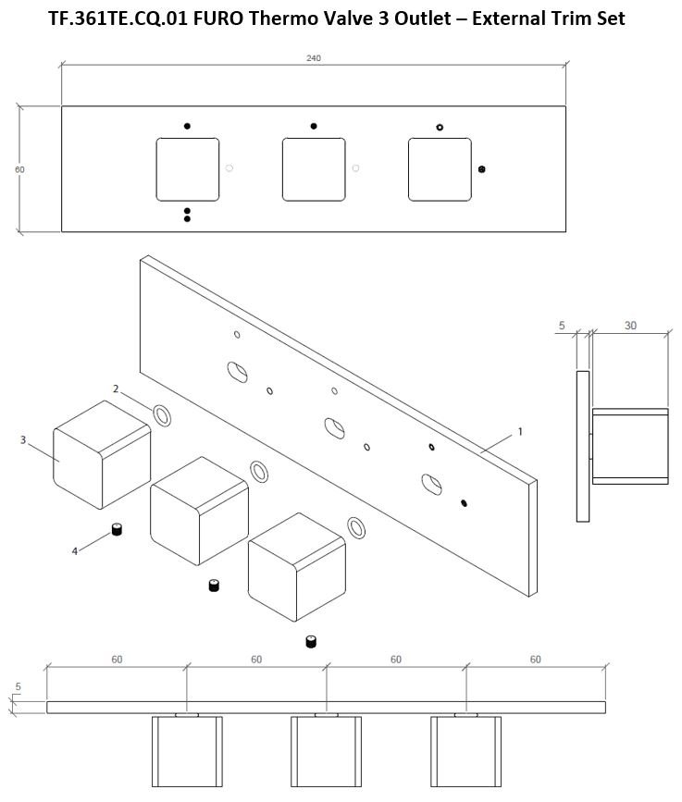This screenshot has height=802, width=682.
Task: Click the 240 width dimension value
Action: pos(314,58)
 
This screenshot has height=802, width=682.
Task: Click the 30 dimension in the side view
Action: pos(630,326)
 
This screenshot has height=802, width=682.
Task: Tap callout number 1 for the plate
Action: pos(520,432)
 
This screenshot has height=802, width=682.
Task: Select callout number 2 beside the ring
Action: pos(116,389)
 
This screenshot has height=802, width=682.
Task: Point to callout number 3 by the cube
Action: pos(23,440)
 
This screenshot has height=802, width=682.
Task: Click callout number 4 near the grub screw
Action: pos(75,551)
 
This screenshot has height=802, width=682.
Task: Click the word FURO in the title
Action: pos(219,19)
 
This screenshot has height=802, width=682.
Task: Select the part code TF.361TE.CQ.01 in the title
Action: pos(118,19)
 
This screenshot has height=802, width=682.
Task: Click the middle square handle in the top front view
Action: pos(314,169)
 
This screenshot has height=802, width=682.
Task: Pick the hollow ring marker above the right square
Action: pos(440,128)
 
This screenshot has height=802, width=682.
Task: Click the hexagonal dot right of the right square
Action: pos(481,169)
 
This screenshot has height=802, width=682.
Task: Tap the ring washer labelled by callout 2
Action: pos(162,415)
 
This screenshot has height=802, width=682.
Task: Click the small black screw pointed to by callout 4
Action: pos(117,529)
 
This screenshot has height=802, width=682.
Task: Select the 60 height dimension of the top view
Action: pos(19,169)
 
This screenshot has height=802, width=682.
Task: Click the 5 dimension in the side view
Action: pos(562,326)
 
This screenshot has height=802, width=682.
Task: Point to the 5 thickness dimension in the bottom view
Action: pos(18,687)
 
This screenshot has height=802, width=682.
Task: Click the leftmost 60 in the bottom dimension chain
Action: pos(117,660)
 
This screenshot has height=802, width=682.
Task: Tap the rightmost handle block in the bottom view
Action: pos(465,751)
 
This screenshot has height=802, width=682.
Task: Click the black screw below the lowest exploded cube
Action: pos(311,641)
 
